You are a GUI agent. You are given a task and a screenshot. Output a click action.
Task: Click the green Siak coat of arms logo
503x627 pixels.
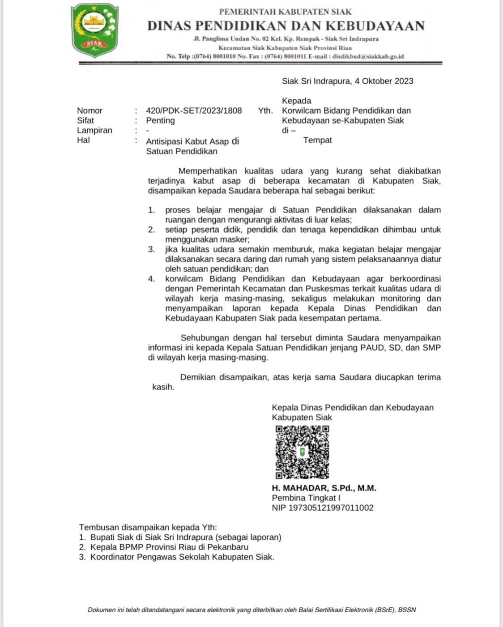point(95,30)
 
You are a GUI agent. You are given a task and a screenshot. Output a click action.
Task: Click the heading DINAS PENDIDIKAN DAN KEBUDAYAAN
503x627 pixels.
point(286,26)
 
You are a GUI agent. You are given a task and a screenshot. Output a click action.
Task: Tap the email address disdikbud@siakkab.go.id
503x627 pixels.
point(368,56)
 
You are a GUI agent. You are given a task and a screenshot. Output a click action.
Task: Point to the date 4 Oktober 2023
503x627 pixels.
point(384,81)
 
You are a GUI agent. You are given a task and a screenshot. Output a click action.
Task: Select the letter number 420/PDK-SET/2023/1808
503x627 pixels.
point(194,111)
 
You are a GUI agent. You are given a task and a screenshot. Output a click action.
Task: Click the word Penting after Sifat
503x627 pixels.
point(160,120)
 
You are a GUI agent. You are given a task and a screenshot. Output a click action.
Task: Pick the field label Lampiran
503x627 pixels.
point(94,130)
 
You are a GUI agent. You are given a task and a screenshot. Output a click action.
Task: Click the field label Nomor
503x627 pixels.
point(90,111)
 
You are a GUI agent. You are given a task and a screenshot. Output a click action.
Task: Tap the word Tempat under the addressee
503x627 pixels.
point(317,140)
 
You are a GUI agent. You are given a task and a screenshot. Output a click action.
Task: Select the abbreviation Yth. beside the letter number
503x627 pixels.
point(265,111)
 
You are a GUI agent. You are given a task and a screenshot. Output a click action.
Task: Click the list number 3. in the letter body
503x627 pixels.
point(152,249)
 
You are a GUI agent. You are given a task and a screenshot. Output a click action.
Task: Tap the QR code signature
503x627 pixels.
point(302,452)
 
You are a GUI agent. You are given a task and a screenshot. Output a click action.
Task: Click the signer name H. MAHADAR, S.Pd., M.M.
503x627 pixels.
point(324,488)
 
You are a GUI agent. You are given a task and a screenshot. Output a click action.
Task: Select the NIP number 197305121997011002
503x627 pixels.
point(331,508)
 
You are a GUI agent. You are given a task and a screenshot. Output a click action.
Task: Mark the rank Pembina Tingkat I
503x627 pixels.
point(306,498)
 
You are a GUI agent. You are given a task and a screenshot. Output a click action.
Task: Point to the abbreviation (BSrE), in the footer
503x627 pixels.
point(385,610)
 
